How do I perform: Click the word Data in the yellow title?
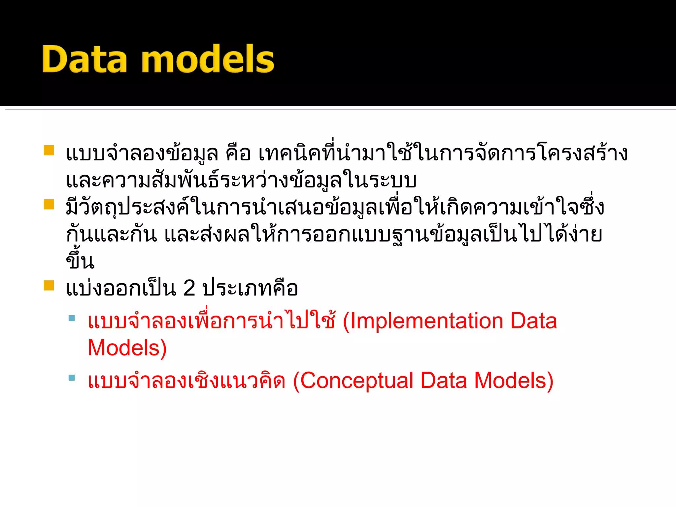(x=84, y=59)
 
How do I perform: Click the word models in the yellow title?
(x=208, y=59)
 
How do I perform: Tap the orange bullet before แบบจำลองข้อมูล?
(x=49, y=150)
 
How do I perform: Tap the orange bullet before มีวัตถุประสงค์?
(x=49, y=204)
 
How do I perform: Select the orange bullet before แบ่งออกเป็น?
(x=49, y=285)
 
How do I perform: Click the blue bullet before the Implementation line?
(x=72, y=318)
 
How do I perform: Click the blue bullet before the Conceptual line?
(x=72, y=378)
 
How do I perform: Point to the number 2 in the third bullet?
(x=189, y=288)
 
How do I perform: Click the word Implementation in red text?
(x=426, y=321)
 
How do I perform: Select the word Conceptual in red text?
(x=356, y=381)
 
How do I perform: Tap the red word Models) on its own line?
(x=127, y=348)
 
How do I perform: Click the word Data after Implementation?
(x=533, y=321)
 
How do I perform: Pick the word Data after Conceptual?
(x=444, y=381)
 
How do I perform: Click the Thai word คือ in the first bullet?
(x=238, y=154)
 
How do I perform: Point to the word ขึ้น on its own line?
(x=80, y=261)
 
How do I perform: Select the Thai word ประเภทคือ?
(x=250, y=288)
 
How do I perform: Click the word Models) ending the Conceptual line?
(x=514, y=381)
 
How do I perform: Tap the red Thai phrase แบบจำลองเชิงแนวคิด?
(x=186, y=381)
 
